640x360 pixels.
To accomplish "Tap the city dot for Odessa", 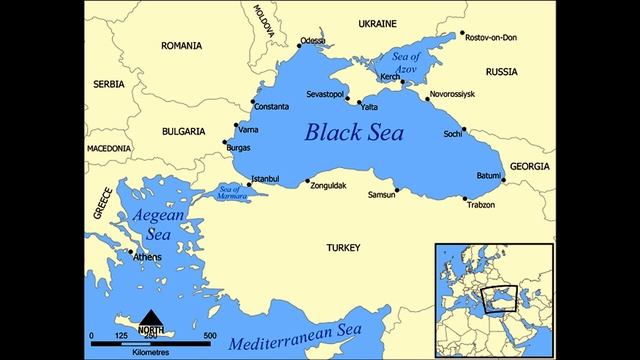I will coord(298,46).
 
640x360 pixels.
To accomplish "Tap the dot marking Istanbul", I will coord(249,184).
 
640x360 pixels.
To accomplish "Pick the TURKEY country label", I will coord(342,247).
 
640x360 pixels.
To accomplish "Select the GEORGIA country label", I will coord(529,165).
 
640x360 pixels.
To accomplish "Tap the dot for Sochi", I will coord(464,129).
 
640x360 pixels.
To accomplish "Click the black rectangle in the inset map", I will coord(500,297).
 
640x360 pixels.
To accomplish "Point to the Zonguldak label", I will coord(332,186).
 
